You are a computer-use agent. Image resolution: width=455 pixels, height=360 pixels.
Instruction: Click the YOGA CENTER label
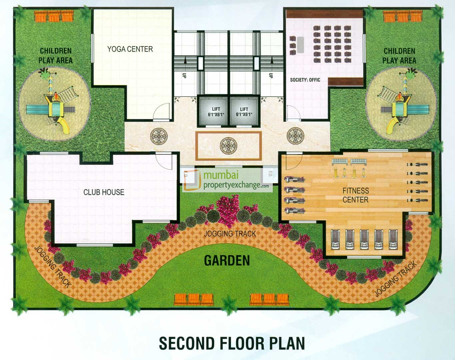click(130, 49)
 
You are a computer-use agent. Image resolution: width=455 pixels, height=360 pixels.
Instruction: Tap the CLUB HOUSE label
click(104, 192)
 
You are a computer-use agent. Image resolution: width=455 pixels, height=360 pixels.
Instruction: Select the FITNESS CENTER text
click(355, 195)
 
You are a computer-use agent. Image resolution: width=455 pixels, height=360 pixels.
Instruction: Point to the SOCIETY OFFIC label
click(305, 80)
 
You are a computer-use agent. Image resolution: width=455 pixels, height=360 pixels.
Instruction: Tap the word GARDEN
click(227, 261)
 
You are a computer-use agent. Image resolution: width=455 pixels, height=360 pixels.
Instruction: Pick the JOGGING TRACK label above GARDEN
click(230, 234)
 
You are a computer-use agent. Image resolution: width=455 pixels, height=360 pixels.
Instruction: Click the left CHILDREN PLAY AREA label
click(55, 56)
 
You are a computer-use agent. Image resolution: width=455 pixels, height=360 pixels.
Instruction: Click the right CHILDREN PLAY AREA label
click(399, 56)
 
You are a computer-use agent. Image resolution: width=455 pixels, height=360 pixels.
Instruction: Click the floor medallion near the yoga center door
click(159, 136)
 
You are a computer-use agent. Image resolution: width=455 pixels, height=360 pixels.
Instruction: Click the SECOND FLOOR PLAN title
click(232, 343)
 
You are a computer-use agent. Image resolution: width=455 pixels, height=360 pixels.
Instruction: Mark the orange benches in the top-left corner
click(54, 16)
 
